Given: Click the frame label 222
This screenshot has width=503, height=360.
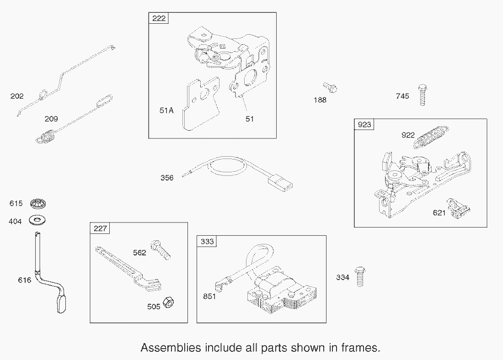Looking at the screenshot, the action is (159, 18).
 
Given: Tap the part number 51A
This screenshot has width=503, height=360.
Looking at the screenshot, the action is (166, 111).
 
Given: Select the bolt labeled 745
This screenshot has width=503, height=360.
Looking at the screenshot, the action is (423, 95).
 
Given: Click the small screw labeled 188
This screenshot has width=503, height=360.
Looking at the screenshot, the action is (330, 87).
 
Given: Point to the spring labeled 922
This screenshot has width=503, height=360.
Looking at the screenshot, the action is (431, 137).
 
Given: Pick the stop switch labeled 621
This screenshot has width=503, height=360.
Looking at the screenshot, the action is (459, 208).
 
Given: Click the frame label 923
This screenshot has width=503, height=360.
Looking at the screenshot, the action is (364, 124).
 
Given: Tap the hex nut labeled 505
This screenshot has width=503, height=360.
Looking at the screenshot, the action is (168, 302).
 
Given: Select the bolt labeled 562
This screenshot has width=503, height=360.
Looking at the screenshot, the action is (161, 249).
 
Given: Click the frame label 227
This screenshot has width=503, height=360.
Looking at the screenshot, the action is (100, 228).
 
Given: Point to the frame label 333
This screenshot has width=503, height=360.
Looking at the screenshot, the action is (207, 241).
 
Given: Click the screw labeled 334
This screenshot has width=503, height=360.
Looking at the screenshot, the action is (360, 276).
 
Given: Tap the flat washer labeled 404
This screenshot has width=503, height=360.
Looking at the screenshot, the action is (37, 220).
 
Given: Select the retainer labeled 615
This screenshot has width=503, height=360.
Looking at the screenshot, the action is (38, 204).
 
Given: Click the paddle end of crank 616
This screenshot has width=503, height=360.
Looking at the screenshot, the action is (62, 304).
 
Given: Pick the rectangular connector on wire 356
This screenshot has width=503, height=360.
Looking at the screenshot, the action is (280, 184).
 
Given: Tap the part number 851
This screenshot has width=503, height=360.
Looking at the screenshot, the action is (209, 296).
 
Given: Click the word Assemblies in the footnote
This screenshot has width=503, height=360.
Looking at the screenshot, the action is (171, 348).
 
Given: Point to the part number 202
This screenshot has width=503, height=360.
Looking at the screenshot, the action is (17, 96).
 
